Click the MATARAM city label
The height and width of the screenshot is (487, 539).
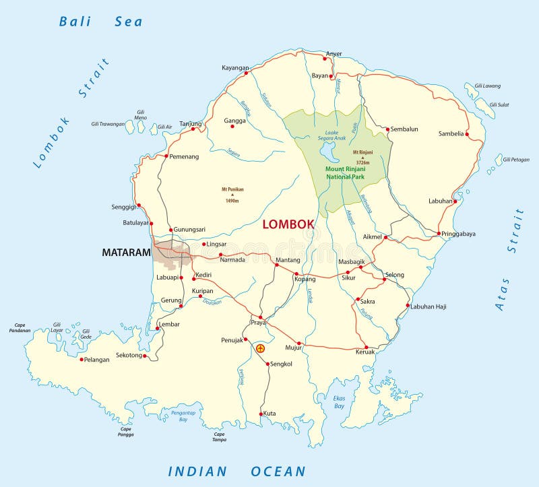[125, 253]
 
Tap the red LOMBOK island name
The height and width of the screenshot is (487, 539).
[288, 224]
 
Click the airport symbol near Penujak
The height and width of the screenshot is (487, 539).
[261, 348]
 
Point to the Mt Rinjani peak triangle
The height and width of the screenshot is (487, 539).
[362, 157]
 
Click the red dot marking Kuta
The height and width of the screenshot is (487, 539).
[261, 414]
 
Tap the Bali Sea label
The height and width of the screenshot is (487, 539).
[101, 22]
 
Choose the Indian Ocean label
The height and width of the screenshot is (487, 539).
[237, 472]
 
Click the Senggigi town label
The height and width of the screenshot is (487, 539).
[123, 207]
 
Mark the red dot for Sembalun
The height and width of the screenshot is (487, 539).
[388, 128]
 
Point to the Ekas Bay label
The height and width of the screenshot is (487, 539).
[339, 402]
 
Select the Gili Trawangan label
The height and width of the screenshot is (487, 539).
[108, 124]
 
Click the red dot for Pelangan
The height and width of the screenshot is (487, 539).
[82, 359]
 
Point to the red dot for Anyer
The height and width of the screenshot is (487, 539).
[325, 59]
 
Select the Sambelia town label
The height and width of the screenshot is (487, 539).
[451, 133]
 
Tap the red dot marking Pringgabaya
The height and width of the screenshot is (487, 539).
[439, 234]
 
